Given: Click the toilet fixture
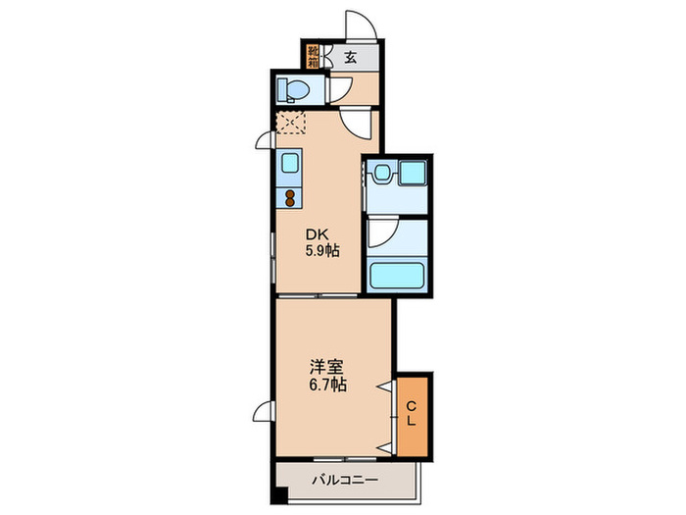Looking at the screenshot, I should [x=291, y=90].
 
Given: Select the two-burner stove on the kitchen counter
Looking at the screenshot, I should [x=291, y=197].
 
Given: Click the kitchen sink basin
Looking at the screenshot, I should [x=291, y=163].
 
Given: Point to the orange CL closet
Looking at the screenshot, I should [x=413, y=415].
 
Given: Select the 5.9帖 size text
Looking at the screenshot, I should [x=320, y=251].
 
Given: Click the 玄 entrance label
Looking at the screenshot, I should [x=350, y=56].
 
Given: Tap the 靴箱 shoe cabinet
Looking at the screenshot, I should [x=313, y=56].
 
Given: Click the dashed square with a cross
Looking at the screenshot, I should [x=292, y=124].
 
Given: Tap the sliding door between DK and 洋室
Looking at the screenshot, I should [x=319, y=295].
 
